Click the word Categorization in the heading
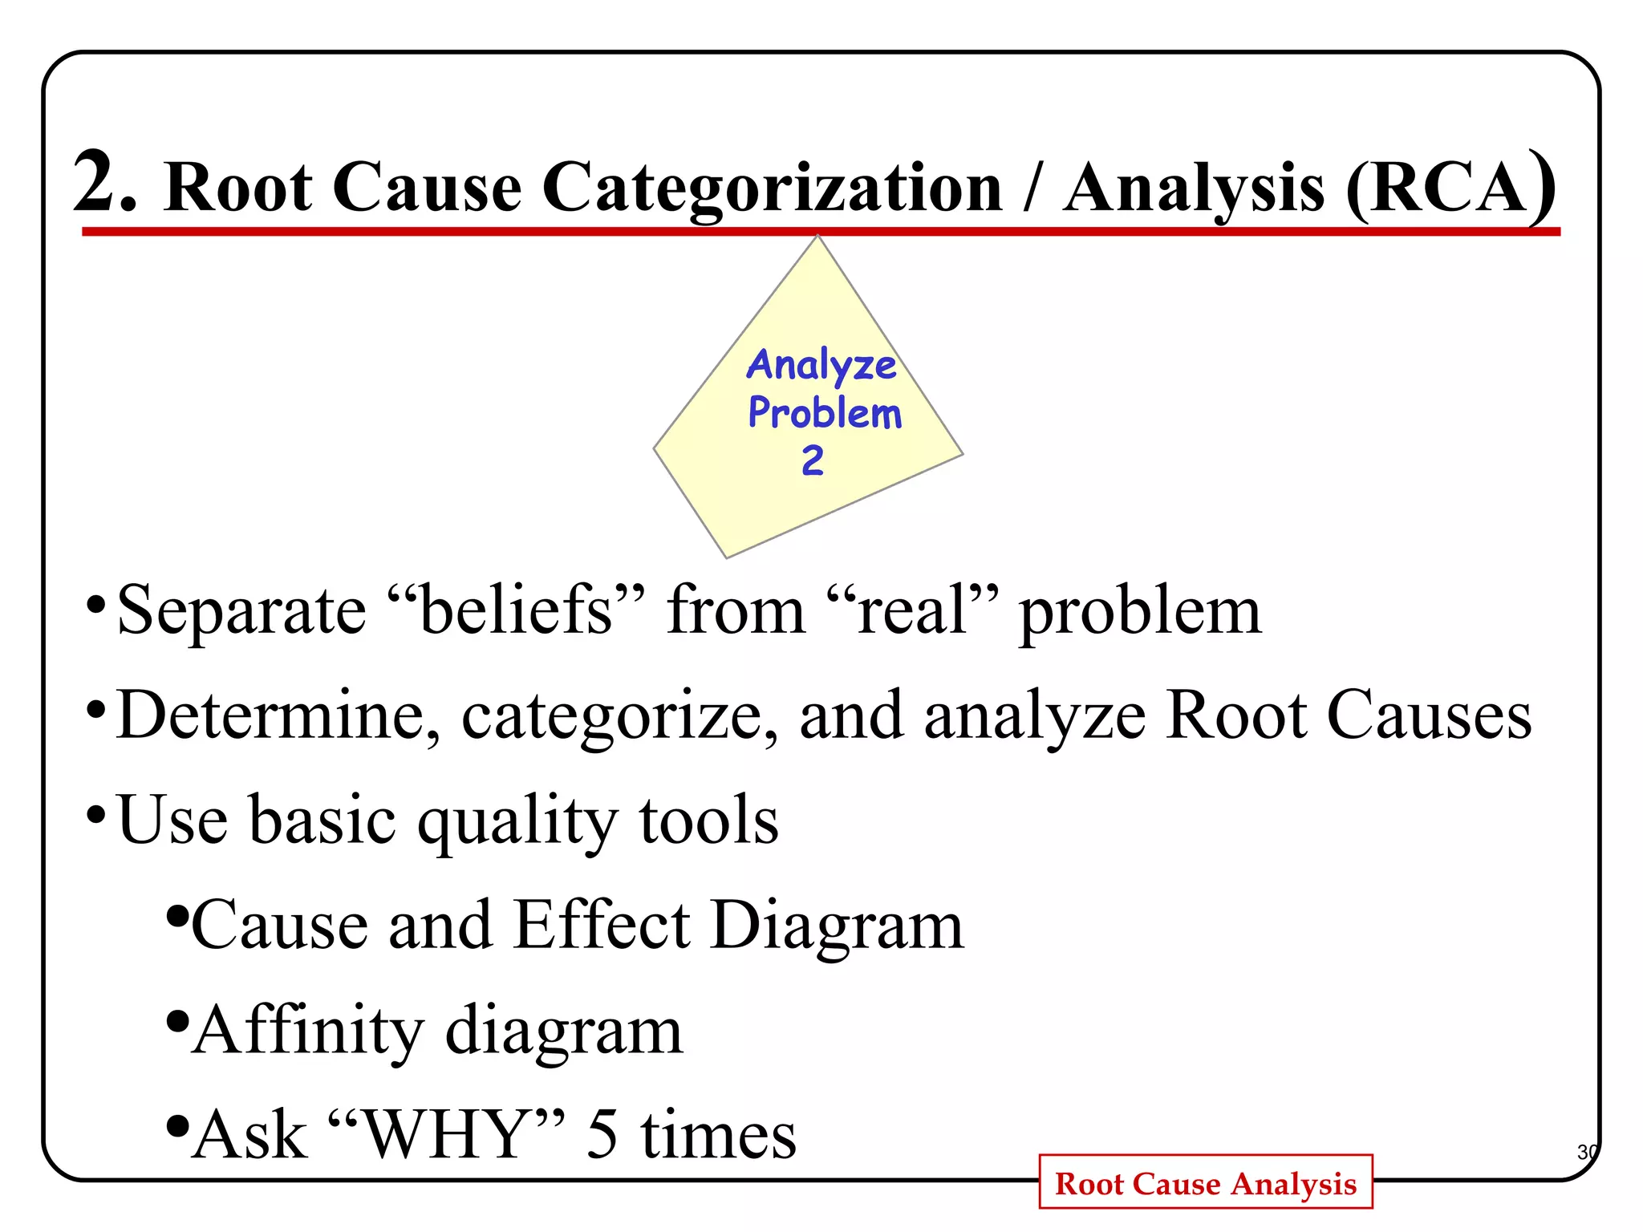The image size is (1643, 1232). [772, 189]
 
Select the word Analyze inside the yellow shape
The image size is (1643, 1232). [821, 365]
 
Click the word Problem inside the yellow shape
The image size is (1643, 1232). [825, 413]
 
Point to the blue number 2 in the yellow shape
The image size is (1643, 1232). [812, 460]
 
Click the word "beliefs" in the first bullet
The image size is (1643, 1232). [516, 611]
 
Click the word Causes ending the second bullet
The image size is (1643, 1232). [1429, 715]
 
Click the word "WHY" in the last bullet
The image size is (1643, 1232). [446, 1134]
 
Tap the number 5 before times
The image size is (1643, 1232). [602, 1134]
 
